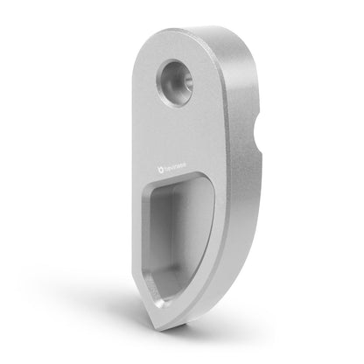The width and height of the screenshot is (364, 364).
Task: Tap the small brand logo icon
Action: pyautogui.click(x=158, y=163)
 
